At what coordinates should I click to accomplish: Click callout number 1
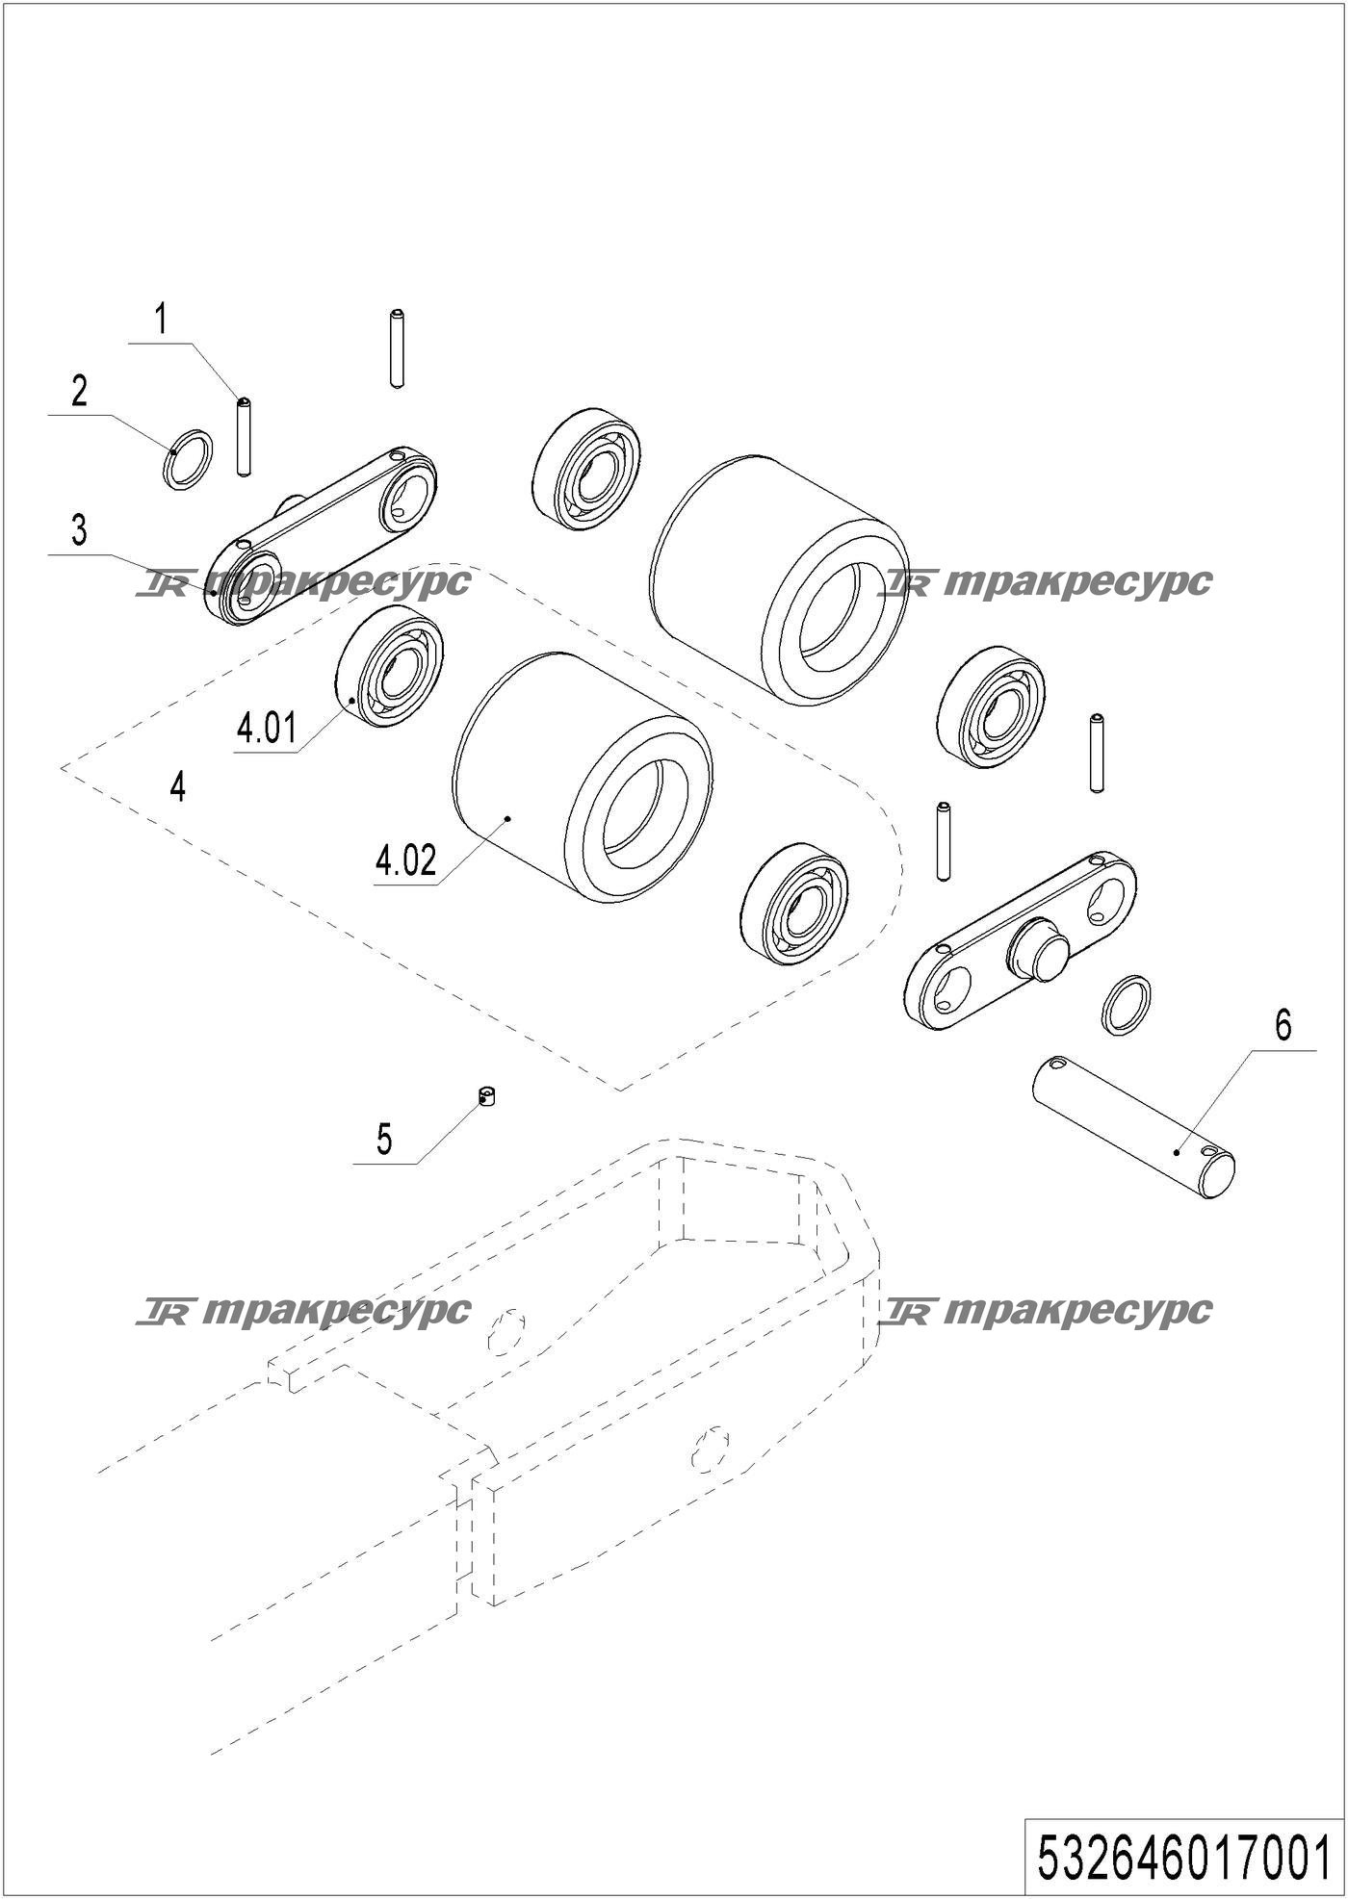pyautogui.click(x=162, y=319)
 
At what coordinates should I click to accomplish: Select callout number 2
pyautogui.click(x=79, y=391)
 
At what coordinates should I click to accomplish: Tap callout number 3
pyautogui.click(x=79, y=530)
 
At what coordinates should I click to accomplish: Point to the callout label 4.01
pyautogui.click(x=267, y=729)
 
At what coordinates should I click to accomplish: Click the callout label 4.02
pyautogui.click(x=405, y=860)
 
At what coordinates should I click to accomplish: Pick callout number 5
pyautogui.click(x=384, y=1140)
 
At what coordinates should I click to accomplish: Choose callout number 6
pyautogui.click(x=1283, y=1026)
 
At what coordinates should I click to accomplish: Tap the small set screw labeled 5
pyautogui.click(x=488, y=1096)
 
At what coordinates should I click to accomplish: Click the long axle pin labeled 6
pyautogui.click(x=1132, y=1127)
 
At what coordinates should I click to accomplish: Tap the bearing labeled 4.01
pyautogui.click(x=390, y=667)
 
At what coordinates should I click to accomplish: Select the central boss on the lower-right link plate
pyautogui.click(x=1038, y=949)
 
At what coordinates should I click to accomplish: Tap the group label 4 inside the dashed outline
pyautogui.click(x=177, y=787)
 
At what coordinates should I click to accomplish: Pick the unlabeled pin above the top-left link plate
pyautogui.click(x=396, y=348)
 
